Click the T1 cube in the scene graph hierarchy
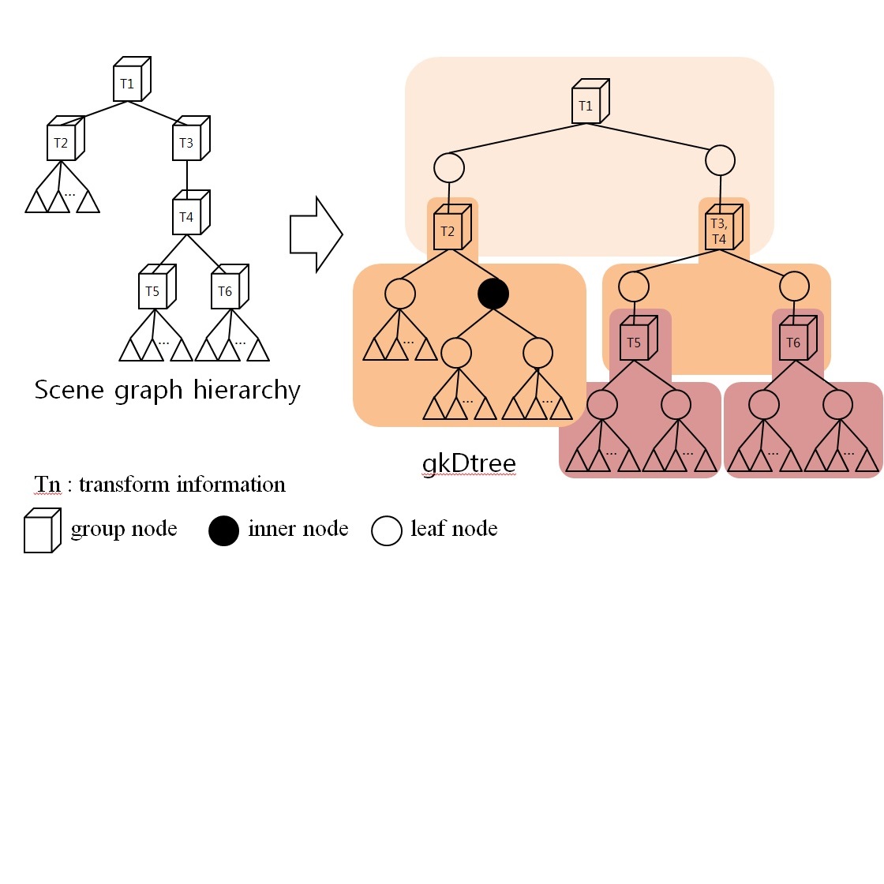click(129, 82)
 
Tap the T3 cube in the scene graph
click(188, 142)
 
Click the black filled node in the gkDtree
click(493, 294)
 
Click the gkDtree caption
click(469, 462)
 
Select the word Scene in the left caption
click(69, 390)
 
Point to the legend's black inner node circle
click(223, 530)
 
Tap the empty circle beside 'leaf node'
click(387, 530)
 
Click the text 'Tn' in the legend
click(47, 484)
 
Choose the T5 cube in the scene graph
click(154, 290)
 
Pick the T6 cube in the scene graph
click(227, 290)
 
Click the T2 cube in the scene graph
click(62, 142)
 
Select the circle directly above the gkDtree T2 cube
click(449, 167)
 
